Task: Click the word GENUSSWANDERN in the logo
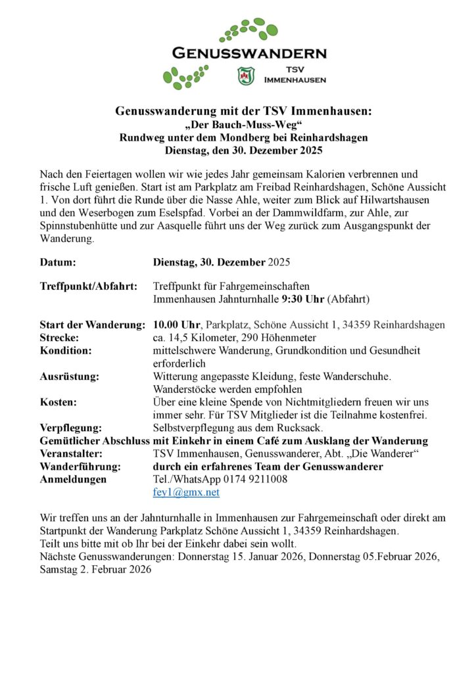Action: (249, 53)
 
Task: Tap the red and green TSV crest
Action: (245, 76)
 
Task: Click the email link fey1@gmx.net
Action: (186, 492)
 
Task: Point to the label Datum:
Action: (58, 262)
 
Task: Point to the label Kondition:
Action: (66, 350)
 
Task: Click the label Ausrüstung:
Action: (70, 376)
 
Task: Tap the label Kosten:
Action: (58, 402)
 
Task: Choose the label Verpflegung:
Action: (70, 427)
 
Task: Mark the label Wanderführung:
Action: (80, 466)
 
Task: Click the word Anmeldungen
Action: (73, 479)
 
